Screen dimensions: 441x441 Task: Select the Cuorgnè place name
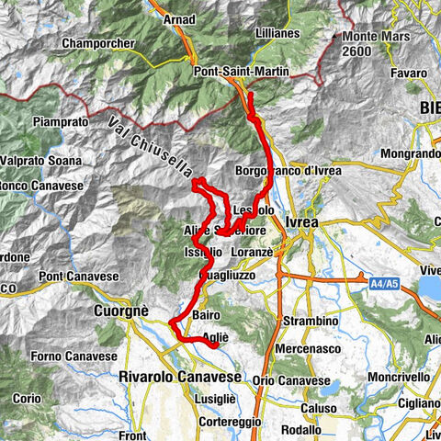120,311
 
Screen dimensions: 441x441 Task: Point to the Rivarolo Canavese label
179,377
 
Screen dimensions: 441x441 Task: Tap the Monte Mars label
366,36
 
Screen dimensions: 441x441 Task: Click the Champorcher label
97,43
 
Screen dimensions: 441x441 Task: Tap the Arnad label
178,17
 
